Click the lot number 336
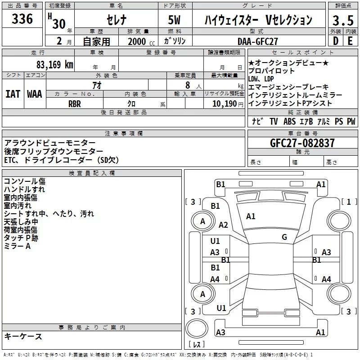click(22, 19)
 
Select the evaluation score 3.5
click(342, 20)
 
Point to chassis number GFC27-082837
click(302, 143)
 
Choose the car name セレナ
click(116, 20)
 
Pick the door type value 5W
click(175, 20)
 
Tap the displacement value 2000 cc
click(137, 41)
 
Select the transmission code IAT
click(13, 94)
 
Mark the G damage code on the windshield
click(284, 237)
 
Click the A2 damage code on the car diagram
click(223, 225)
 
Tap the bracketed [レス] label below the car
click(197, 345)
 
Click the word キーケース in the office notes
click(23, 336)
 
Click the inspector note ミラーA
click(17, 246)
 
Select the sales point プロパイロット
click(271, 71)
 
